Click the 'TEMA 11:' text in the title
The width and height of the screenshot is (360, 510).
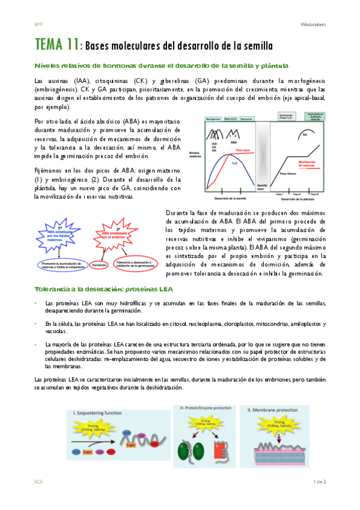pos(58,45)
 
